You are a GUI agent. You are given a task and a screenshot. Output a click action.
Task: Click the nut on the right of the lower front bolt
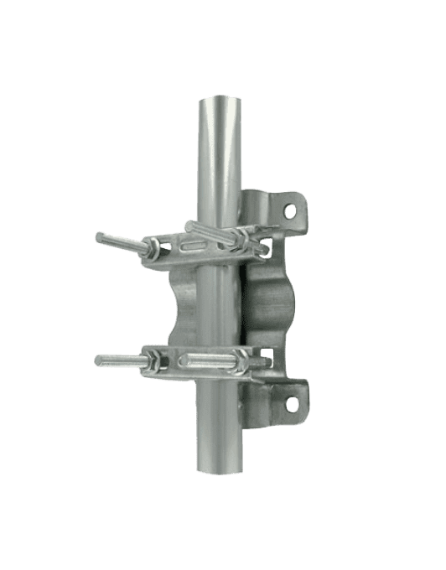[245, 363]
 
